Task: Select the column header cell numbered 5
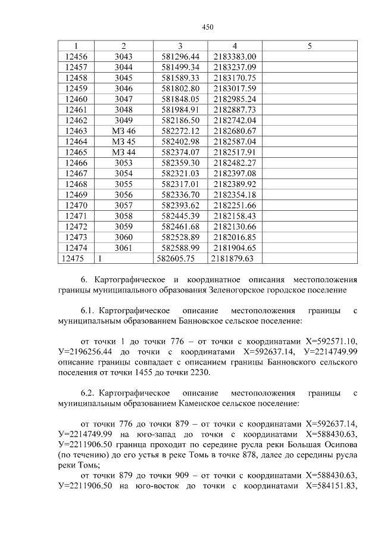[310, 46]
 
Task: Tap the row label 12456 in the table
[75, 57]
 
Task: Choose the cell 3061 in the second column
[123, 248]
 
